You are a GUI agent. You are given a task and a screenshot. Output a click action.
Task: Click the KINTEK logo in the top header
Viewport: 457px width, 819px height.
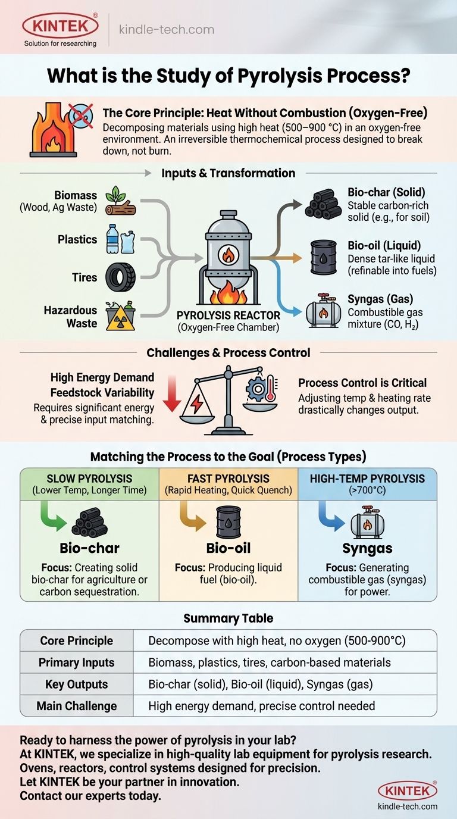click(60, 26)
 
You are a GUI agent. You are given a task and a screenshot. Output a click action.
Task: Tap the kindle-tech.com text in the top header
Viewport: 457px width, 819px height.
click(167, 29)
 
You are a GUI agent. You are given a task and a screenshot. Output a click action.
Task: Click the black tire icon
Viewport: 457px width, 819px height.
click(120, 277)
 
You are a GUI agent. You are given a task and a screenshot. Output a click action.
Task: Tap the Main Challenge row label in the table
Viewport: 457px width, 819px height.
click(76, 706)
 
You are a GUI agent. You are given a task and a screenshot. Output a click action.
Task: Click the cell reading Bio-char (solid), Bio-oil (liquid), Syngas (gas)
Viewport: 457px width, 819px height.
click(261, 684)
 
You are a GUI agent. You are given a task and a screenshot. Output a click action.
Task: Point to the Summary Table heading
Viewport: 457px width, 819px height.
click(228, 618)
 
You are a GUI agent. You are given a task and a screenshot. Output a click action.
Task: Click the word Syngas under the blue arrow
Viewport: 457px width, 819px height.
click(367, 548)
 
